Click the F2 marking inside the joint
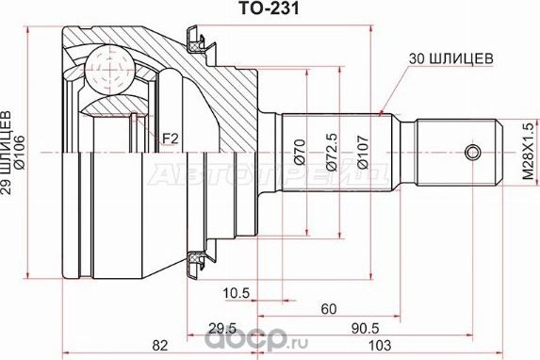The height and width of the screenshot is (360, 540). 170,139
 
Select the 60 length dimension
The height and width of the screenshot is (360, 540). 327,309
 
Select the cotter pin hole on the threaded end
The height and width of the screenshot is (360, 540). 479,151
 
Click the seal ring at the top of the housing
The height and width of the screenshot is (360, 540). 196,40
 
